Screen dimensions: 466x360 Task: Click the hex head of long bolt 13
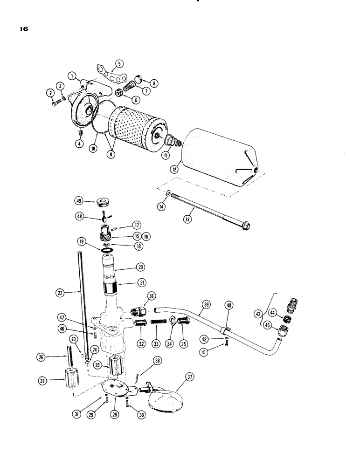point(245,227)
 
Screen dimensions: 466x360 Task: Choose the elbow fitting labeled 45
point(283,333)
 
